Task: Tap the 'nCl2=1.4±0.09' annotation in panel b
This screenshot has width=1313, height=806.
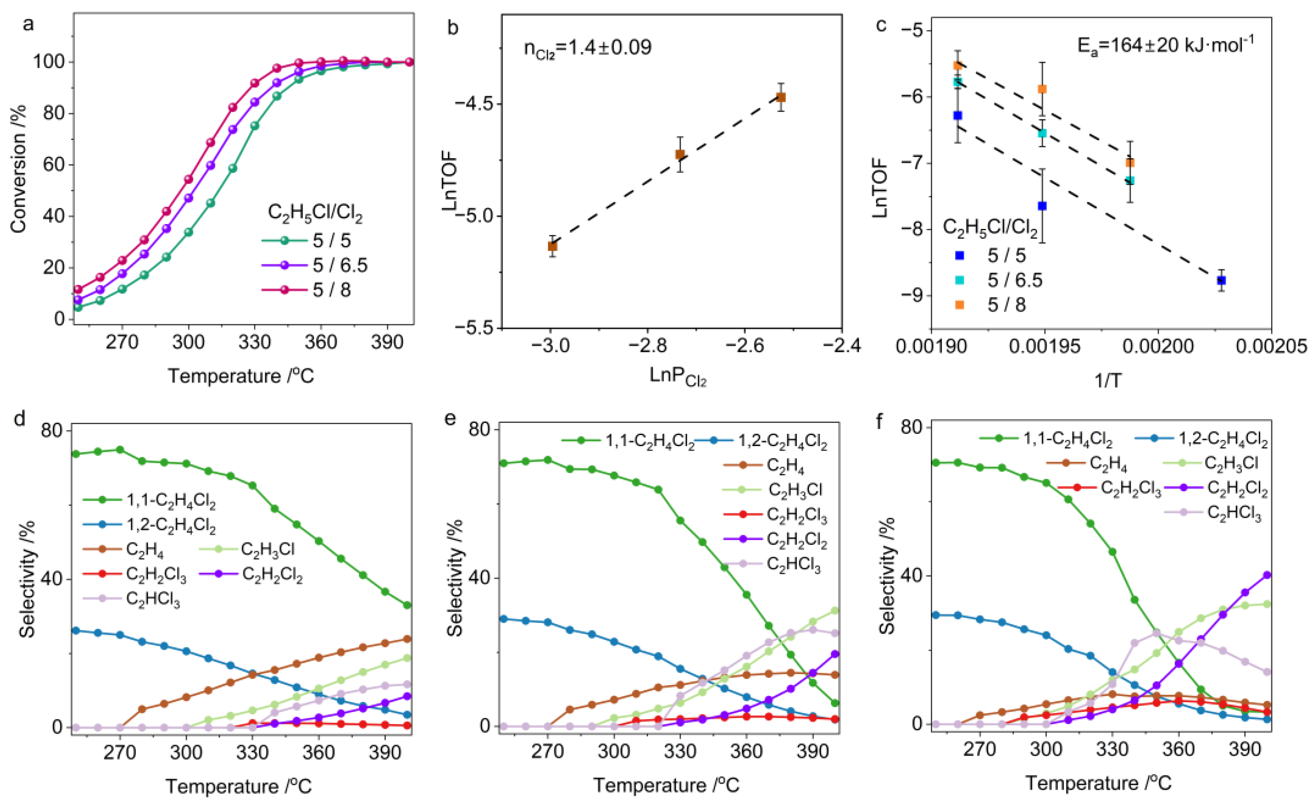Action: coord(587,48)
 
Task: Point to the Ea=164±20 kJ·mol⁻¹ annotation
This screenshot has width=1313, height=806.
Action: coord(1165,45)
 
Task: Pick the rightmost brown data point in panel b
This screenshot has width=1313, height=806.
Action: coord(781,97)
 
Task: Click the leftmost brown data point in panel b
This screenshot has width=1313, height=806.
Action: coord(552,246)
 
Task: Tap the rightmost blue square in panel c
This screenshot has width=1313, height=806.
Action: coord(1221,280)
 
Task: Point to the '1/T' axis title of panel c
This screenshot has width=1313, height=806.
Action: coord(1108,381)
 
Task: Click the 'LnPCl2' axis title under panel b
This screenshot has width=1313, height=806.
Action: coord(677,377)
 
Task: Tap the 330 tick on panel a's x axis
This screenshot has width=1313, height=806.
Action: coord(254,342)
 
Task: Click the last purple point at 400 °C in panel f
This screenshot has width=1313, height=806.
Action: coord(1267,575)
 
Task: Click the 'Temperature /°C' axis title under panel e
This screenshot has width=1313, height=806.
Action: coord(666,784)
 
